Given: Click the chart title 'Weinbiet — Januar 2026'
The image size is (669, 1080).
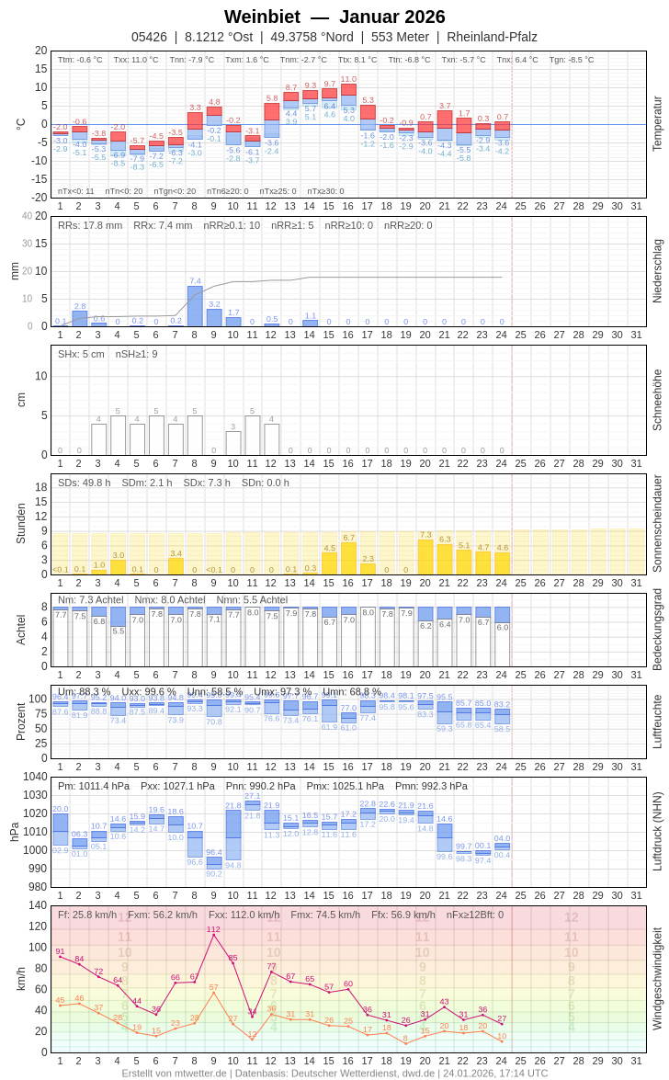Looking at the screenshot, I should (x=334, y=17).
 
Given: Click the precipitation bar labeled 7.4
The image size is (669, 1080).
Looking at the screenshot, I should (x=195, y=306).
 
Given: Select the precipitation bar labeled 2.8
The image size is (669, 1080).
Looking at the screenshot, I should (x=80, y=318).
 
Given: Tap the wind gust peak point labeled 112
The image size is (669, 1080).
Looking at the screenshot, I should (x=213, y=935).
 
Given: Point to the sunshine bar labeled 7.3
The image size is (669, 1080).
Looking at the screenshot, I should (x=425, y=557).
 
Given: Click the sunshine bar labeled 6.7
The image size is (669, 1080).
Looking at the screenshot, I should (x=348, y=558).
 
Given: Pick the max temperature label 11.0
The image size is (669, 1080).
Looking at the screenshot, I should (x=348, y=79).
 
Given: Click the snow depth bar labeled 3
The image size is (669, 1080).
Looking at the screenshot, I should (x=233, y=443).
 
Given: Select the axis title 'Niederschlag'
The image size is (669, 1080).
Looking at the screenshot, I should (x=657, y=271).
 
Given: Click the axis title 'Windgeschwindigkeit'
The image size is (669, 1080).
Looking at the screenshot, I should (x=657, y=978).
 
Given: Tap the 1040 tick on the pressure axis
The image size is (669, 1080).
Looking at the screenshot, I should (x=35, y=777).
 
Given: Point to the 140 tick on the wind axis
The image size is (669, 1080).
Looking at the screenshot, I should (x=37, y=905).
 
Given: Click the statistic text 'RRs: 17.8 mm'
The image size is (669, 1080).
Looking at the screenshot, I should (x=90, y=225).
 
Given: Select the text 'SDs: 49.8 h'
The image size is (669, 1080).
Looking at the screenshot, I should (x=85, y=483).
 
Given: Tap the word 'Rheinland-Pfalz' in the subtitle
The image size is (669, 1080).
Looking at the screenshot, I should (x=492, y=37).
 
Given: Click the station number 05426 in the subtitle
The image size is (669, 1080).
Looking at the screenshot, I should (x=149, y=37).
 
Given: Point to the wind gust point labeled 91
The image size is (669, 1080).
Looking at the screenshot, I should (x=61, y=956).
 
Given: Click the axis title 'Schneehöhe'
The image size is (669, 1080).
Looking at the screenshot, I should (x=657, y=400).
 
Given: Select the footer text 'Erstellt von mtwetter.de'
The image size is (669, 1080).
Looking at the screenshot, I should (x=175, y=1073).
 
